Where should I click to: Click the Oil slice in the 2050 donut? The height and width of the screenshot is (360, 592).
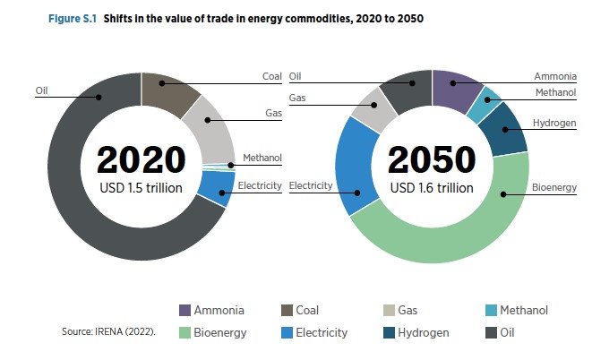pos(408,87)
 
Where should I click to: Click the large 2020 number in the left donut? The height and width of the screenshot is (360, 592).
pos(142,161)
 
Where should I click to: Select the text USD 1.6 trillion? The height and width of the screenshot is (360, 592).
pos(432,188)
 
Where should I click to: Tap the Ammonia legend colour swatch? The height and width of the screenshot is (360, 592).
pos(186,311)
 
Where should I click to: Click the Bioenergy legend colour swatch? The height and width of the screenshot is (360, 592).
pos(186,332)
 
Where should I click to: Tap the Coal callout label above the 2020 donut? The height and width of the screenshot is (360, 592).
pos(272,77)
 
